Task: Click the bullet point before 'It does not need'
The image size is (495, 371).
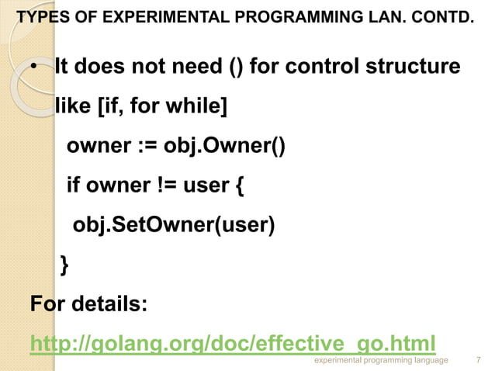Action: (x=35, y=68)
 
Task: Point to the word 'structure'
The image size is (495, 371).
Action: (x=416, y=67)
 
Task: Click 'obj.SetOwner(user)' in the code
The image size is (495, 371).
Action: (x=174, y=225)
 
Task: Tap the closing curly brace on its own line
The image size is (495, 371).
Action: (x=64, y=265)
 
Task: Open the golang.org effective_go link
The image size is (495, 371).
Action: (x=231, y=343)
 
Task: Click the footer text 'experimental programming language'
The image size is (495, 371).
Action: (x=380, y=361)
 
